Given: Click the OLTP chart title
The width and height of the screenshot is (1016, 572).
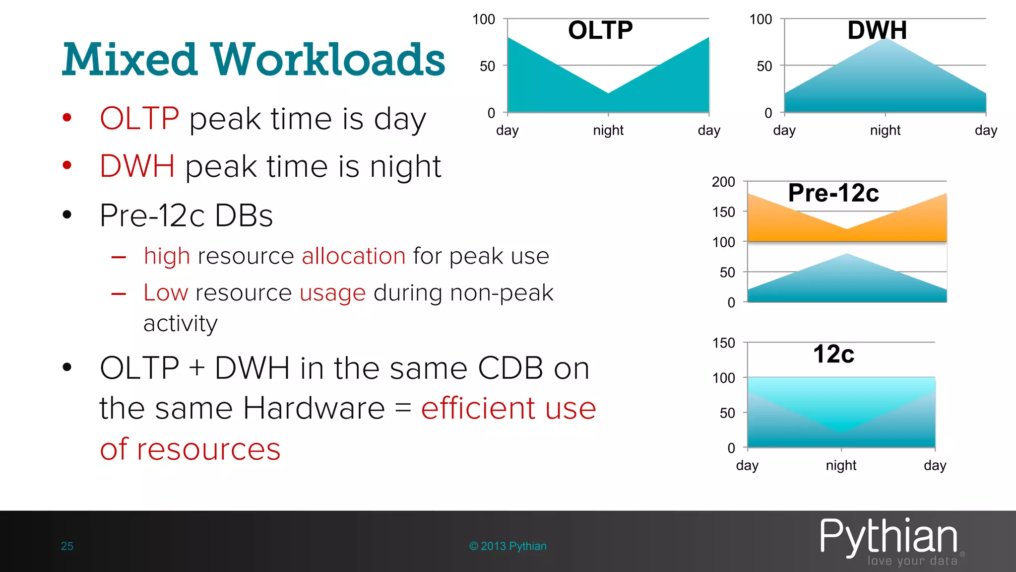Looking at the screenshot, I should click(x=600, y=30).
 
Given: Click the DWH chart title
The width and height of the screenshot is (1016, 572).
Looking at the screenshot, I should click(x=877, y=30).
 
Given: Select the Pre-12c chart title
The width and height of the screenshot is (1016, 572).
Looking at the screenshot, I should click(x=833, y=193).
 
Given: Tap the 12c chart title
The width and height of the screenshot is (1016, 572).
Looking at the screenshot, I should click(x=833, y=354).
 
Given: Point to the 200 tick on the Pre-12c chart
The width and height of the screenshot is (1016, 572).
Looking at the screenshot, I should click(x=723, y=182).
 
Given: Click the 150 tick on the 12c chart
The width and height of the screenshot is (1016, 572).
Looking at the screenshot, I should click(x=723, y=343).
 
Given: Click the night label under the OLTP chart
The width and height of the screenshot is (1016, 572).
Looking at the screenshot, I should click(x=608, y=130).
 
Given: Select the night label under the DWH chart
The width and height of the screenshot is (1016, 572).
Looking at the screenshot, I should click(x=885, y=130).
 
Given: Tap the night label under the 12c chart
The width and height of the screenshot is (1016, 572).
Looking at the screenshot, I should click(x=841, y=465).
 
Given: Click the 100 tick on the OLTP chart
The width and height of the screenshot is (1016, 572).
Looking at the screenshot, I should click(x=484, y=19).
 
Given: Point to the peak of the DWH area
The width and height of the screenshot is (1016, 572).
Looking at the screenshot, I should click(x=885, y=39).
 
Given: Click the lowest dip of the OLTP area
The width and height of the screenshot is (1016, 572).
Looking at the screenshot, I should click(x=608, y=93).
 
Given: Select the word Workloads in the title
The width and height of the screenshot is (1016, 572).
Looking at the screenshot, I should click(x=328, y=60).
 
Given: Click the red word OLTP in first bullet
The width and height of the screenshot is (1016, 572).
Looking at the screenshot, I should click(x=139, y=119).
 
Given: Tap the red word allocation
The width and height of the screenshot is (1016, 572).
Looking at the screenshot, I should click(x=354, y=256).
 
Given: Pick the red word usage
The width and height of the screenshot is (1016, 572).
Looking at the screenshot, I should click(x=333, y=293).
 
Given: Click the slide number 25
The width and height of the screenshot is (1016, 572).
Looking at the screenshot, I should click(x=67, y=546).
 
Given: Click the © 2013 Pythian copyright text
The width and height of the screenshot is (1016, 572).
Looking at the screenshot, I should click(x=508, y=546).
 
